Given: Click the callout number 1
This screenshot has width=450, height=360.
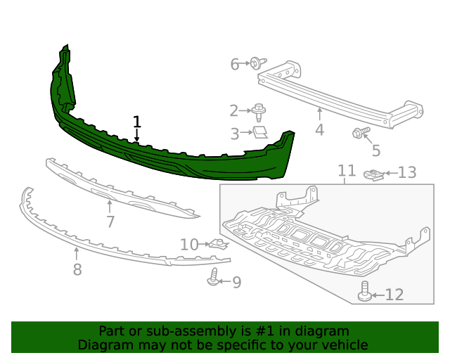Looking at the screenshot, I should [x=137, y=122].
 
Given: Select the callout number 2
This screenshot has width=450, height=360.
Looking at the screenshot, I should [x=234, y=110].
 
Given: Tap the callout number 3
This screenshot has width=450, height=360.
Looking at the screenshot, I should [x=235, y=132].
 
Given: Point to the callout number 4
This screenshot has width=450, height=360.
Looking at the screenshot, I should [x=319, y=130].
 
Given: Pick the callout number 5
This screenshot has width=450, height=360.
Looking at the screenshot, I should [x=376, y=150].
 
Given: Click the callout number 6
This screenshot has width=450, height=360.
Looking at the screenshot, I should [x=236, y=65].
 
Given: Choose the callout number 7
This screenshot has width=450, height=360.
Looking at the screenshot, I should [x=110, y=222].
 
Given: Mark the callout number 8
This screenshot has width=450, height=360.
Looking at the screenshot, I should [x=77, y=269].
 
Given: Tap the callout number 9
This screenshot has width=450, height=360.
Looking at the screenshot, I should [x=236, y=283].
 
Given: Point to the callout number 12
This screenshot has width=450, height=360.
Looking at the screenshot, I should [x=394, y=295].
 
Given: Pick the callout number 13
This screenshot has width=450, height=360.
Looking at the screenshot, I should [x=407, y=172].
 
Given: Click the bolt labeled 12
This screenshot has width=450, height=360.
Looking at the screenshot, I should [x=364, y=292].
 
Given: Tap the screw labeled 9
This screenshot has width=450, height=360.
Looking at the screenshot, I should [x=214, y=278].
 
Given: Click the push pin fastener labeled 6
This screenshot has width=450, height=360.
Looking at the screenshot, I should [x=257, y=64].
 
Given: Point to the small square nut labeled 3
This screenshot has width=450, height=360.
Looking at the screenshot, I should [x=261, y=131].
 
